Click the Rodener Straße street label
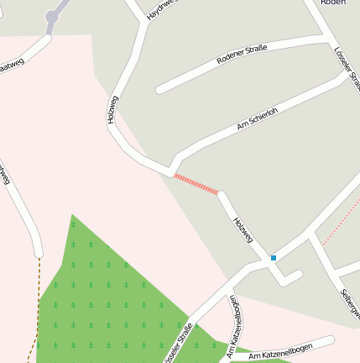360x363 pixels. [x=241, y=55]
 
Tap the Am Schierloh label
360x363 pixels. [x=258, y=119]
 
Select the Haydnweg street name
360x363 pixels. [x=162, y=10]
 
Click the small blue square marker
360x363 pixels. [x=274, y=257]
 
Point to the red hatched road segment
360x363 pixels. [x=196, y=184]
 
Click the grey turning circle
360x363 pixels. [x=54, y=16]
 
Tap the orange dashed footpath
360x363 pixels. [x=37, y=302]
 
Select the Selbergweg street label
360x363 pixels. [x=351, y=302]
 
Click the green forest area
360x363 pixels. [x=109, y=294]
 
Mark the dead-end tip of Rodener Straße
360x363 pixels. [x=159, y=88]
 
